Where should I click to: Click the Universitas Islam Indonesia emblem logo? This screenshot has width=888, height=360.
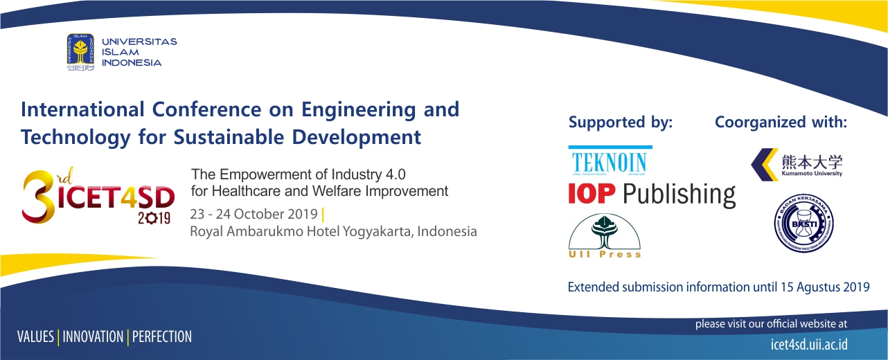click(x=80, y=53)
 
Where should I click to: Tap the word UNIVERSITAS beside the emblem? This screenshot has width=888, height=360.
click(x=139, y=42)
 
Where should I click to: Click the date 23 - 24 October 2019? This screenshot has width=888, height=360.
click(x=254, y=213)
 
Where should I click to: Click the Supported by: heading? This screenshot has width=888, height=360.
click(x=620, y=123)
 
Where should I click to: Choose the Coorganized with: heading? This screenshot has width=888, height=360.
click(x=781, y=123)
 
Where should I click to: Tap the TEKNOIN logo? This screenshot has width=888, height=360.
click(x=610, y=161)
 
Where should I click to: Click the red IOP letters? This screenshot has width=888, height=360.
click(x=592, y=194)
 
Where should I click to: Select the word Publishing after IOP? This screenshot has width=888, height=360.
click(x=679, y=195)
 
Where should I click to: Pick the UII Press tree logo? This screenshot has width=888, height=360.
click(x=605, y=235)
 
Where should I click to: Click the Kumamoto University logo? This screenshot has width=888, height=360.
click(x=797, y=165)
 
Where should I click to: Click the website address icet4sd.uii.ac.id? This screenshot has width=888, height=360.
click(x=809, y=344)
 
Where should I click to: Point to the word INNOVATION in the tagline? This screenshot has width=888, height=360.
click(x=93, y=337)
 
